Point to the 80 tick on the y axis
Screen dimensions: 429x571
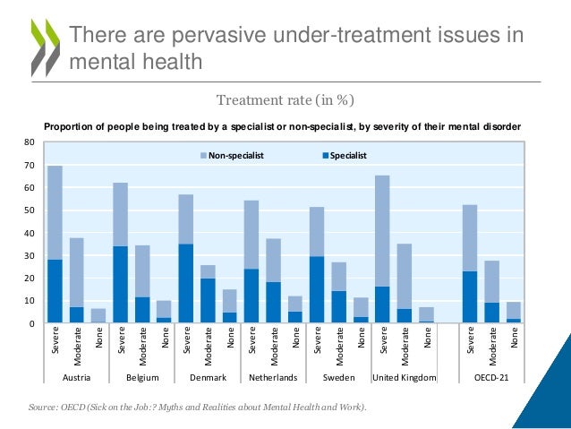pyautogui.click(x=29, y=142)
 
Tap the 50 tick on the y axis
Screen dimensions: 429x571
pyautogui.click(x=29, y=210)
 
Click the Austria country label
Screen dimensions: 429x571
pyautogui.click(x=76, y=379)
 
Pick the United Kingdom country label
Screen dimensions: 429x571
pyautogui.click(x=404, y=379)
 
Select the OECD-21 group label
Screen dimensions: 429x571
pyautogui.click(x=490, y=379)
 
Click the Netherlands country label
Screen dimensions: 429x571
pyautogui.click(x=272, y=379)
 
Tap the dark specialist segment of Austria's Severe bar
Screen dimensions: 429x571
pyautogui.click(x=55, y=291)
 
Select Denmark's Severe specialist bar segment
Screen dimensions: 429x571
pyautogui.click(x=185, y=283)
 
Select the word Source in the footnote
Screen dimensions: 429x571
pyautogui.click(x=45, y=408)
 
